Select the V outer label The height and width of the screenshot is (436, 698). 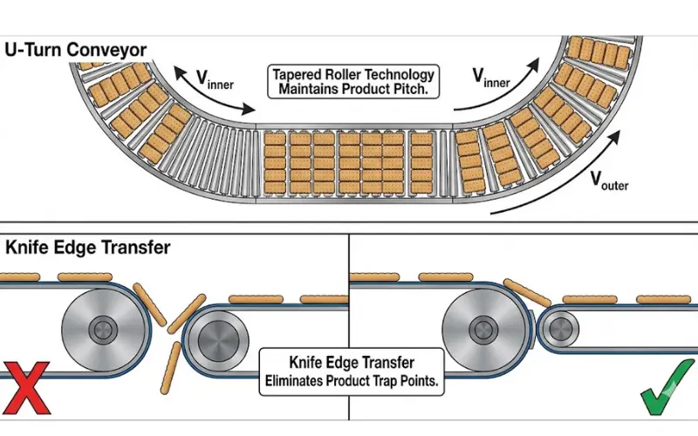[609, 182]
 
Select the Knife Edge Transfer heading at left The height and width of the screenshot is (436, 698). [88, 248]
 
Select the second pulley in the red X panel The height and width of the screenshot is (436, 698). [215, 334]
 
